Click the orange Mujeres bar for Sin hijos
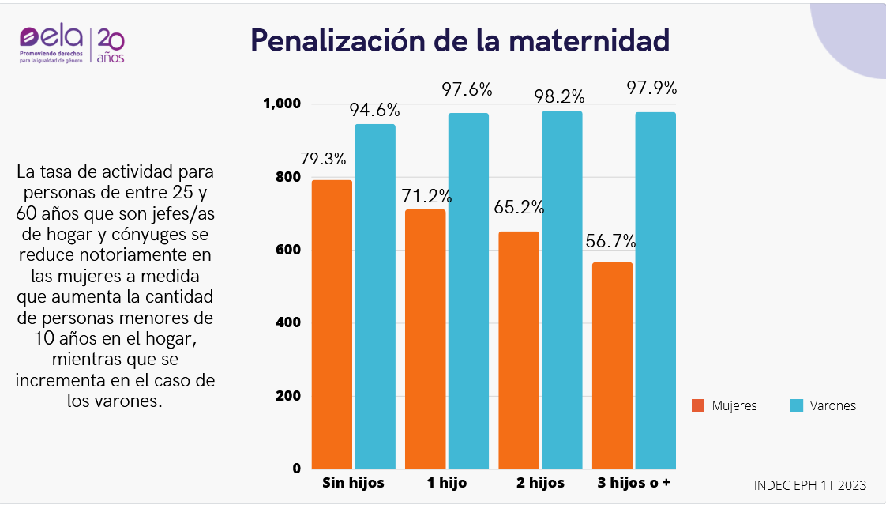click(x=332, y=324)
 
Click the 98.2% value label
click(x=559, y=96)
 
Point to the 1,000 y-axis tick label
click(x=282, y=104)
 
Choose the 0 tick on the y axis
click(x=296, y=469)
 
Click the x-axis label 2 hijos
click(x=540, y=483)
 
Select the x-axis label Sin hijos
click(x=353, y=483)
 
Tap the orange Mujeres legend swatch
click(x=697, y=405)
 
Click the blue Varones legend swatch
click(x=797, y=405)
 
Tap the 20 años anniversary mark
click(x=111, y=46)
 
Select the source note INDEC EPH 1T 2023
click(x=810, y=484)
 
